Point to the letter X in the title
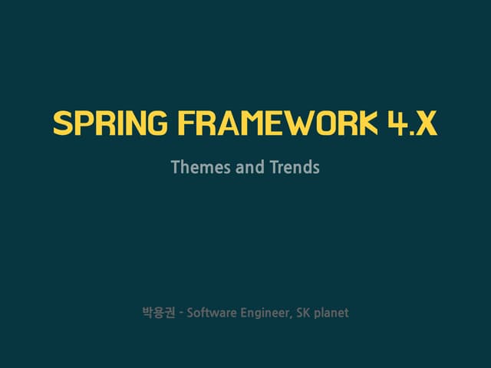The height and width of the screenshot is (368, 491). [426, 123]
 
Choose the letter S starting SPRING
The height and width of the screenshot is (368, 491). [62, 123]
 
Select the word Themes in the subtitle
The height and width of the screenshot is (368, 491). [196, 166]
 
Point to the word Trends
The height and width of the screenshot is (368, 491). [295, 166]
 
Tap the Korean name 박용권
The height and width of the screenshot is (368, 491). [158, 313]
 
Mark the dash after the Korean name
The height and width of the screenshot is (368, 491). [180, 313]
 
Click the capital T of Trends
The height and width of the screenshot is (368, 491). [274, 166]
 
